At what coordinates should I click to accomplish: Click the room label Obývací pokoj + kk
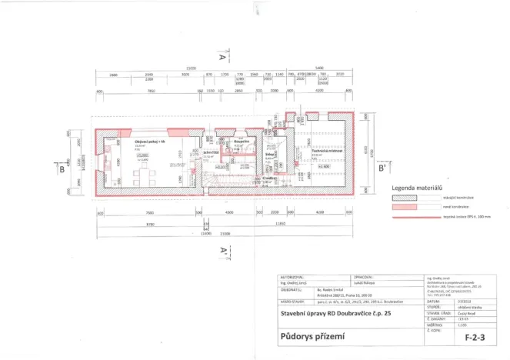[x=147, y=142]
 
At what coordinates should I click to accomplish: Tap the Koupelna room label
[x=242, y=141]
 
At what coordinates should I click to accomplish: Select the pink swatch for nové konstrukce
[x=408, y=207]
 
